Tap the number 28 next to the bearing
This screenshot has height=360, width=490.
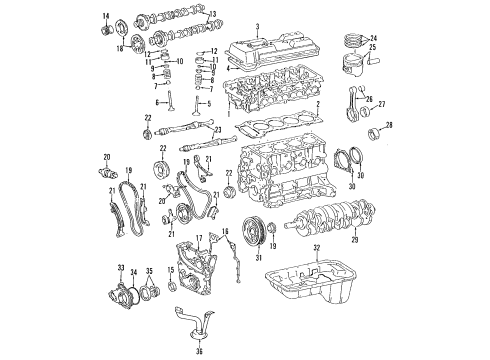390,125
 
